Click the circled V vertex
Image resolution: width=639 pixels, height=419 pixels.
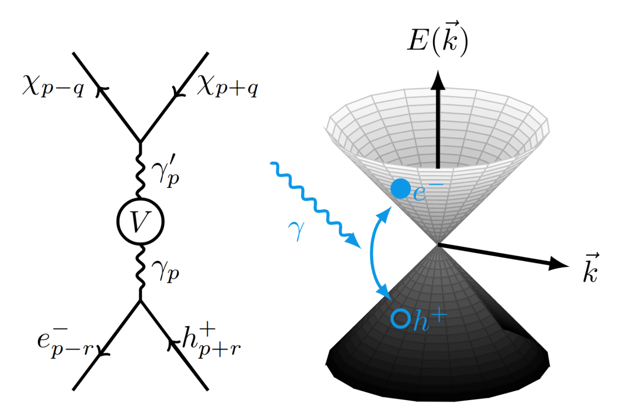point(140,221)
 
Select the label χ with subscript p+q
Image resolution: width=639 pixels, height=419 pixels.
point(227,86)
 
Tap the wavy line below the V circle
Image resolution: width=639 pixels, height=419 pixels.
point(140,273)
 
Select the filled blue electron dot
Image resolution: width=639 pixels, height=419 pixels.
point(400,189)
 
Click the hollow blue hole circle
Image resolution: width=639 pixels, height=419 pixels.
point(400,318)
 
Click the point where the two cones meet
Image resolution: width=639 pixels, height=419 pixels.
point(437,244)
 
